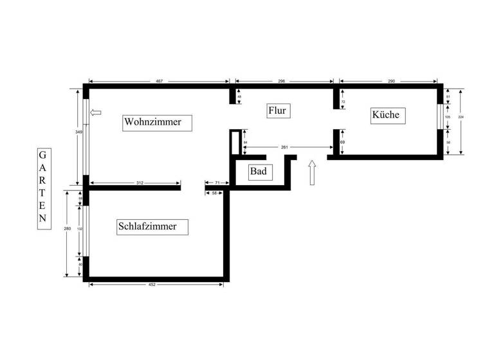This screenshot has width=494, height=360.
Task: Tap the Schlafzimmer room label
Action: (x=152, y=226)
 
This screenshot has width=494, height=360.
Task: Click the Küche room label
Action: (x=385, y=115)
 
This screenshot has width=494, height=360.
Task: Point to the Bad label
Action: (x=258, y=172)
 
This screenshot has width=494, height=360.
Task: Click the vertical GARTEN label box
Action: (x=42, y=186)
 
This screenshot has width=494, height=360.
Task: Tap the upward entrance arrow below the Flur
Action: (x=313, y=172)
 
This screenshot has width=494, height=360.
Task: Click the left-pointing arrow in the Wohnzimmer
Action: (x=96, y=113)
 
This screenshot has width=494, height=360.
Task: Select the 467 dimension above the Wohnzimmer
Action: (x=160, y=82)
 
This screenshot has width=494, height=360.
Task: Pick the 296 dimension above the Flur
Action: (x=281, y=82)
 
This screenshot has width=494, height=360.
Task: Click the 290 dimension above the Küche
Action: (x=391, y=82)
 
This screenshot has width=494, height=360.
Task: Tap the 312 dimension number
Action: (x=140, y=183)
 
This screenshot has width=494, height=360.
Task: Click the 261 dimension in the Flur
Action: (x=284, y=147)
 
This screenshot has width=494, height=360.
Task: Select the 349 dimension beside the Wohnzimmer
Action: (x=78, y=132)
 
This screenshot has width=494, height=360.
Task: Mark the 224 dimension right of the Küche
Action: (x=460, y=118)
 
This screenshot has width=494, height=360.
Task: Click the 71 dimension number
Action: (x=217, y=183)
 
